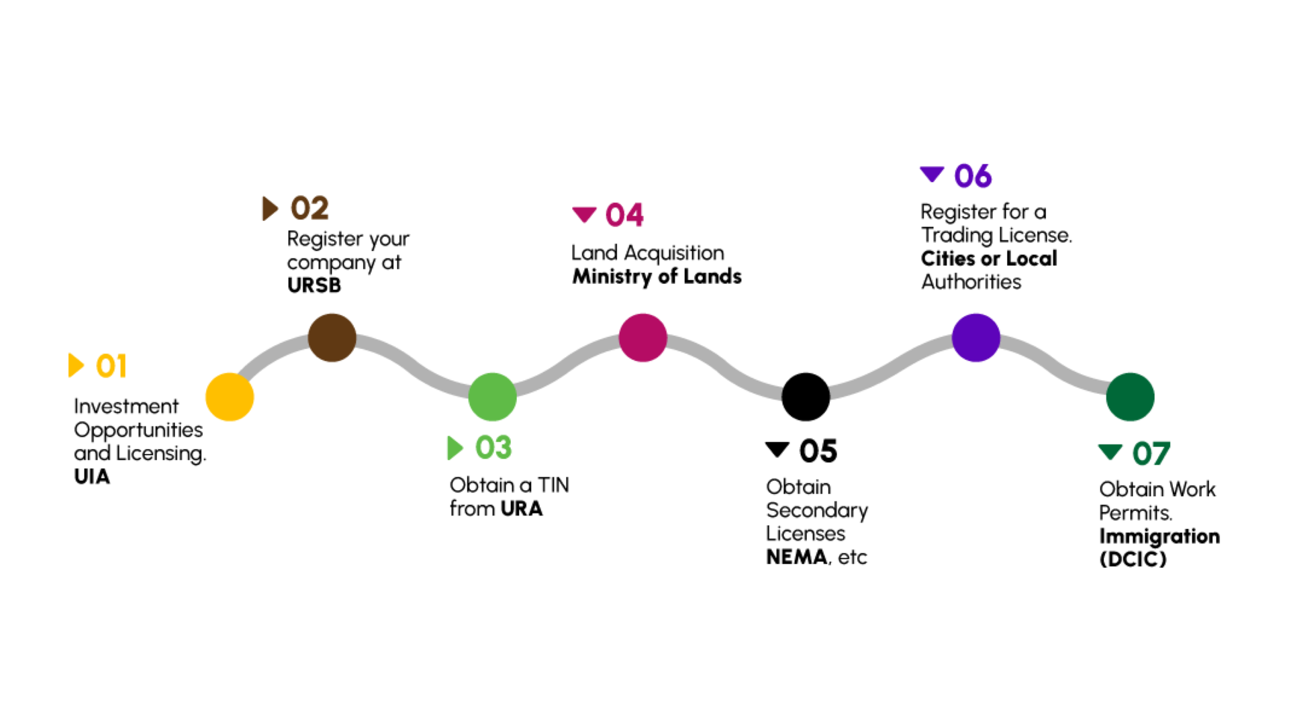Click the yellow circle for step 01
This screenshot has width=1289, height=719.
[x=230, y=397]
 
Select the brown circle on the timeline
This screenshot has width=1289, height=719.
[x=332, y=338]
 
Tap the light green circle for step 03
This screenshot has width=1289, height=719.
[x=492, y=397]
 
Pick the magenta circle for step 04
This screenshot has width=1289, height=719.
[x=642, y=338]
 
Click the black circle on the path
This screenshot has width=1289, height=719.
[x=806, y=397]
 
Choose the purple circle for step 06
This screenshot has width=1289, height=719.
[x=975, y=338]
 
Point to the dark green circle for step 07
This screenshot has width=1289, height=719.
[x=1130, y=397]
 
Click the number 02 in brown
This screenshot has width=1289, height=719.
[x=309, y=208]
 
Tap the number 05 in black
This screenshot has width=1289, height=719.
[x=818, y=450]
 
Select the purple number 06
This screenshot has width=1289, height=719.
[x=973, y=176]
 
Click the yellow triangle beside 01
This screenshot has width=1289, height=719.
[x=76, y=365]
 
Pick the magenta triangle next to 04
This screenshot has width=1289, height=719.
[x=584, y=214]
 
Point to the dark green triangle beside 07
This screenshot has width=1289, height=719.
[x=1110, y=452]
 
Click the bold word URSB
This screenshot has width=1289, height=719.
[x=314, y=285]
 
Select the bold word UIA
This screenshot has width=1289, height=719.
[x=92, y=477]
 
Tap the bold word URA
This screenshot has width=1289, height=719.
[x=521, y=508]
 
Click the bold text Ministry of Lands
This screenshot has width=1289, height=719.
[x=657, y=277]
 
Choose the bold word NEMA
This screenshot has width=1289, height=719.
[x=797, y=557]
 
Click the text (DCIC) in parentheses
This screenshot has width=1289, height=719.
[x=1133, y=559]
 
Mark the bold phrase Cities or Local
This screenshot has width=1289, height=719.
[x=989, y=258]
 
